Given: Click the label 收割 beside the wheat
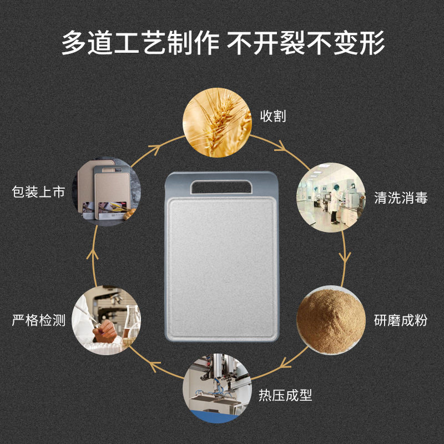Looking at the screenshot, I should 273,117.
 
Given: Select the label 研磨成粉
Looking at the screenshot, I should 401,320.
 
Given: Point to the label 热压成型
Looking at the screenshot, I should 285,395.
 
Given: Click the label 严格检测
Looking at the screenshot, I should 39,320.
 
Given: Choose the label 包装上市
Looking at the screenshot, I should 39,193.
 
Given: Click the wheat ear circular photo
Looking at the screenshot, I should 216,123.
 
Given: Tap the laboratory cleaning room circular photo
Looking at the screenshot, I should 332,196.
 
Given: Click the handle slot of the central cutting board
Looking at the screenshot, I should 221,186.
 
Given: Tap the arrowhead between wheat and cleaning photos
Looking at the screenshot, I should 281,147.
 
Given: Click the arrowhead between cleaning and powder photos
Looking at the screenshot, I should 346,258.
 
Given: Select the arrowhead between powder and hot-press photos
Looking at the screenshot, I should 285,364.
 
